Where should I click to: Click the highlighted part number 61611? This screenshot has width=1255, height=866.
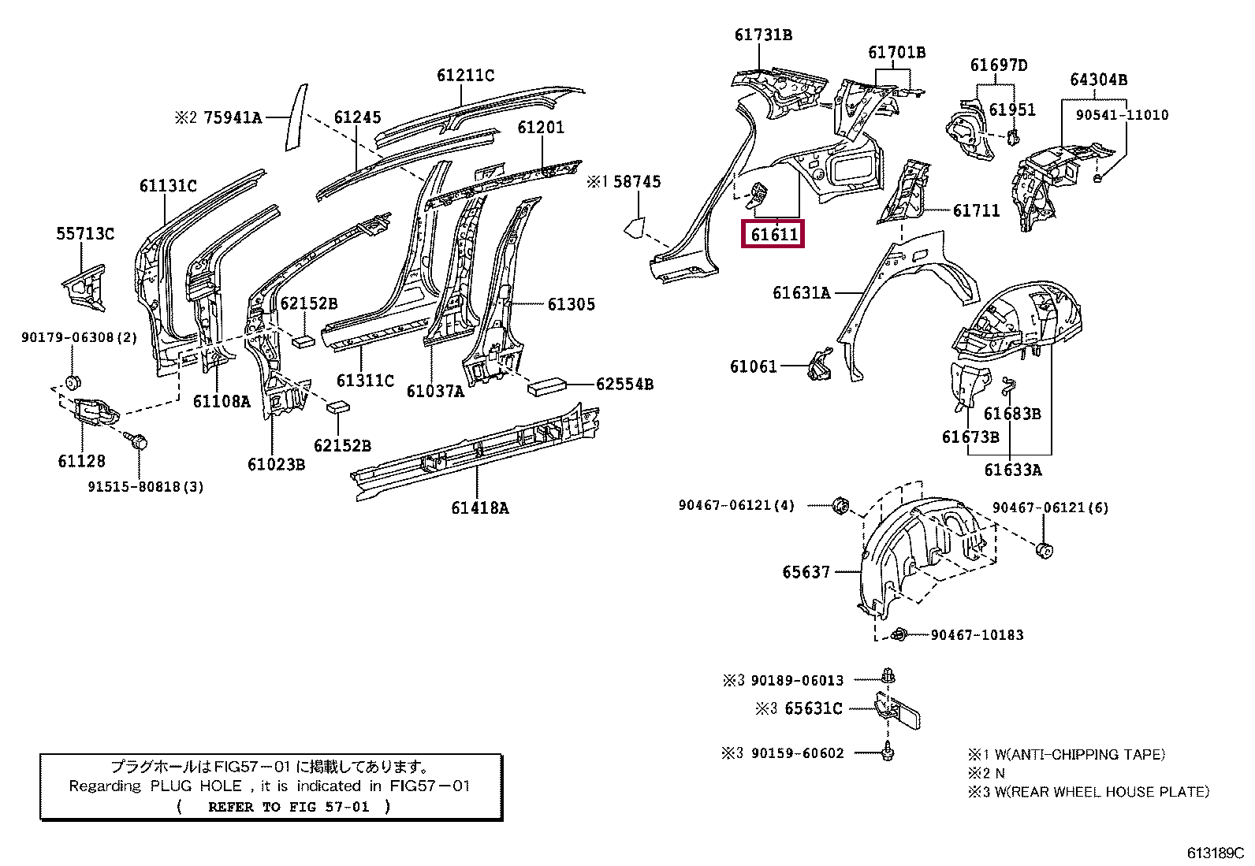pyautogui.click(x=773, y=234)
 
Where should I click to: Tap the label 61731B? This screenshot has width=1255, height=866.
pyautogui.click(x=763, y=35)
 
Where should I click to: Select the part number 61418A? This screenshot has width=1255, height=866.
pyautogui.click(x=479, y=507)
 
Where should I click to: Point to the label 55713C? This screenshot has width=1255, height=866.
pyautogui.click(x=85, y=233)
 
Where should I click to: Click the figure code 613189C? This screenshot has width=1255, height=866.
pyautogui.click(x=1216, y=853)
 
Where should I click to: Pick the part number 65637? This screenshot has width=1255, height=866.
pyautogui.click(x=806, y=572)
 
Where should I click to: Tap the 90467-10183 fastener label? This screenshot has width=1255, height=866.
pyautogui.click(x=977, y=634)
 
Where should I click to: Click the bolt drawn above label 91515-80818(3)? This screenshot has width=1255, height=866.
pyautogui.click(x=136, y=441)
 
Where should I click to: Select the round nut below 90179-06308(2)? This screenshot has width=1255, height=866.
pyautogui.click(x=73, y=383)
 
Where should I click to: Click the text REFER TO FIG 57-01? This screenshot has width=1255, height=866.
pyautogui.click(x=289, y=807)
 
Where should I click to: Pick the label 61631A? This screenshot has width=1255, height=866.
pyautogui.click(x=801, y=292)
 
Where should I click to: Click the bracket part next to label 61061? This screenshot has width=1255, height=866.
pyautogui.click(x=820, y=364)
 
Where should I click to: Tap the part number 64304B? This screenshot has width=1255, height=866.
pyautogui.click(x=1098, y=80)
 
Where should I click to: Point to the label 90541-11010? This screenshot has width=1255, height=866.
pyautogui.click(x=1122, y=115)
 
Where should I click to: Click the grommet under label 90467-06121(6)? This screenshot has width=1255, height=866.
pyautogui.click(x=1045, y=550)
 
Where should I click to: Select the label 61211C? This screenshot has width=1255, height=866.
pyautogui.click(x=466, y=75)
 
